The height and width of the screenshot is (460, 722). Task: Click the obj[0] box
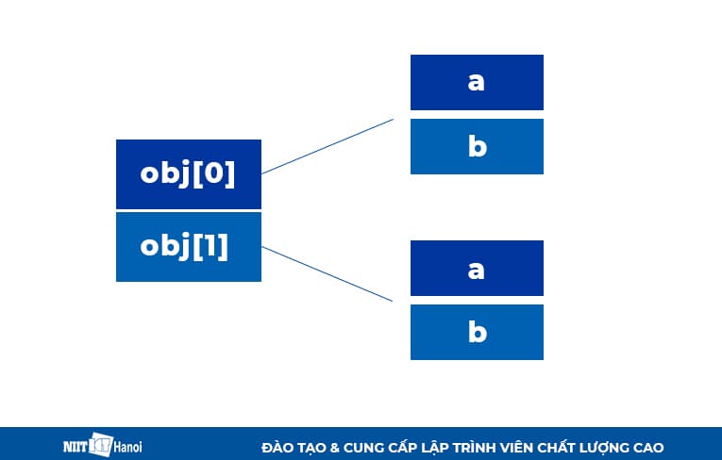click(x=188, y=173)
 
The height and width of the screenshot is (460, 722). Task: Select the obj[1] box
click(x=188, y=246)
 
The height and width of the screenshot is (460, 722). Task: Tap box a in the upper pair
click(x=477, y=82)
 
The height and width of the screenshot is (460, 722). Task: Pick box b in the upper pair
click(x=477, y=146)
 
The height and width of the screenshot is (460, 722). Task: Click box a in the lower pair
click(x=477, y=268)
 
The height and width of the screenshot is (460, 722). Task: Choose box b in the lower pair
click(x=477, y=332)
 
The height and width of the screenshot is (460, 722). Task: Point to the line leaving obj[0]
click(x=327, y=146)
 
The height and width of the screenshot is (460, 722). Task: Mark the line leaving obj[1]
click(x=327, y=274)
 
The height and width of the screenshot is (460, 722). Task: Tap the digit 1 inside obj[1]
click(x=213, y=246)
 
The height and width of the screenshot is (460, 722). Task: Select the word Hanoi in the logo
click(x=128, y=446)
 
